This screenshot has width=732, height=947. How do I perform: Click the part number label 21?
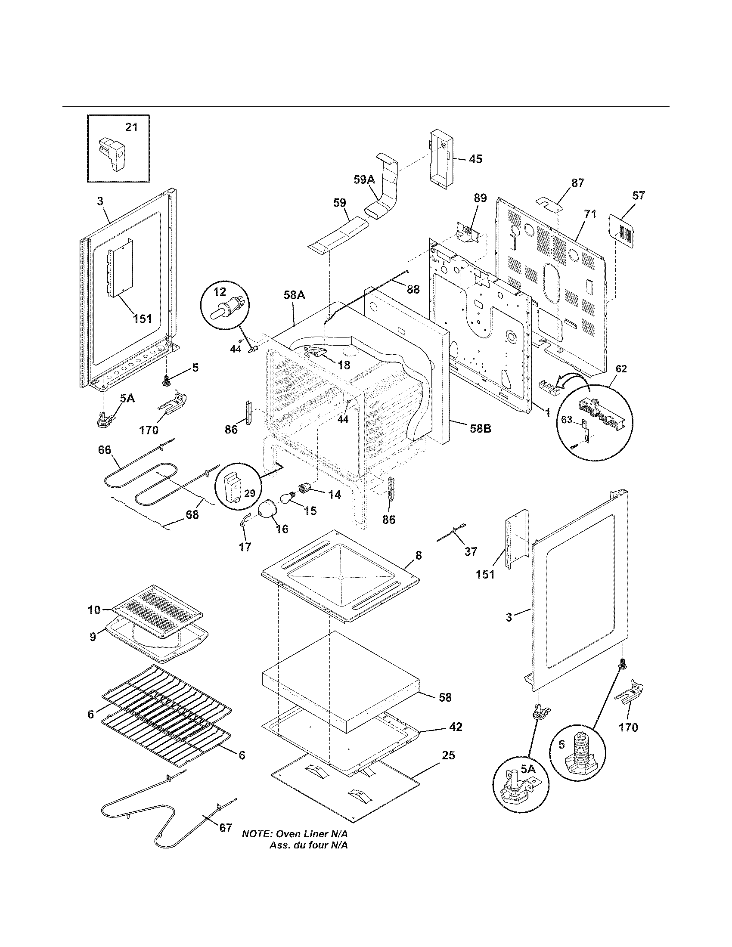pos(131,127)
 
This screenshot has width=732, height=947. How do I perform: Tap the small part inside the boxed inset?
pos(112,155)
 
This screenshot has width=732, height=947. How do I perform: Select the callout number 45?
pos(475,159)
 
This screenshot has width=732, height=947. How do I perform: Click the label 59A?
pos(364,180)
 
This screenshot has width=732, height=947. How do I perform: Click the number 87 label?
pos(577,183)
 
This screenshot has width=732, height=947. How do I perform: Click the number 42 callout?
pos(455,727)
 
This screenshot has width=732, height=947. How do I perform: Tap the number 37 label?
pos(471,551)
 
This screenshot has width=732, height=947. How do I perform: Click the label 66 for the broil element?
pos(104,451)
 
